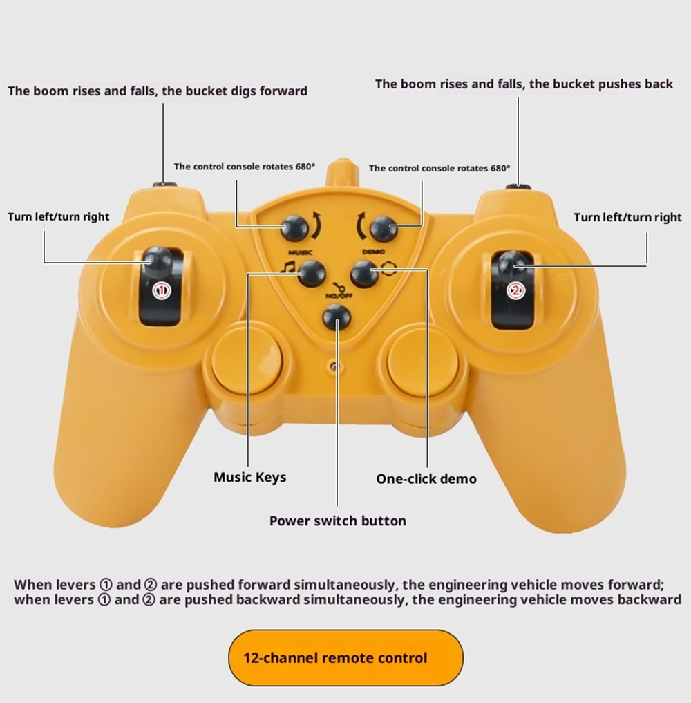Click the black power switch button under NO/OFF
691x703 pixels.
(337, 317)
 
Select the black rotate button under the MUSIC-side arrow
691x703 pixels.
(294, 228)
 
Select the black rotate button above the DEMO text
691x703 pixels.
(384, 229)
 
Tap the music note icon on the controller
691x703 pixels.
(287, 266)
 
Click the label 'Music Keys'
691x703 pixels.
(249, 477)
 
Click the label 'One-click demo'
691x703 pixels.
(426, 479)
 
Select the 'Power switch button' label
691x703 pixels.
(338, 521)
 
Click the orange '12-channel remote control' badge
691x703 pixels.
(345, 657)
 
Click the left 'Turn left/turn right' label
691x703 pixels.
(58, 216)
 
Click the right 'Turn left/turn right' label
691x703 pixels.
(627, 217)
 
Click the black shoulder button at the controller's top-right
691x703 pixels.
(518, 187)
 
